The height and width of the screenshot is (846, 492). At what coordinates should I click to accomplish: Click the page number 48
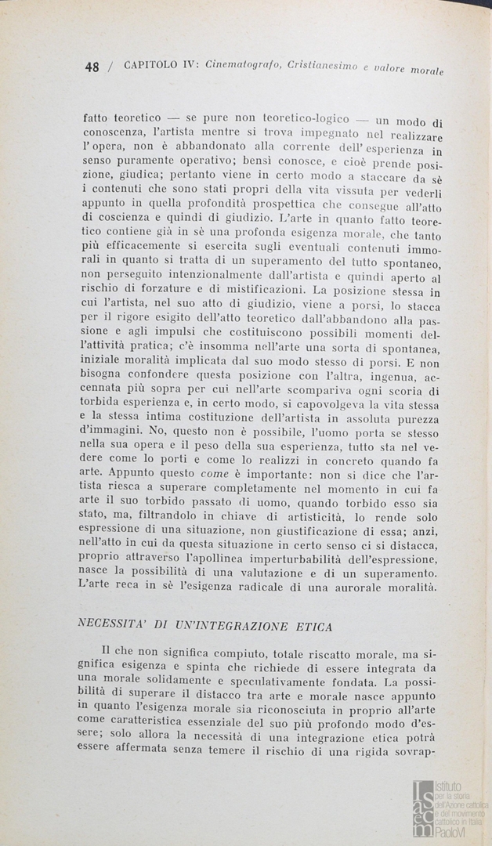point(92,67)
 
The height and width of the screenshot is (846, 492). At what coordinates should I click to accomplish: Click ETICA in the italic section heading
point(311,626)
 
